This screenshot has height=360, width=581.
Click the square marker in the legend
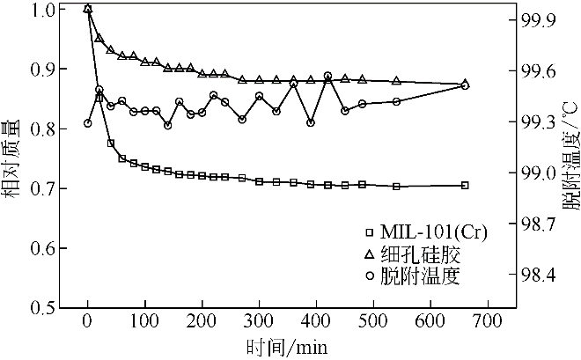[369, 232]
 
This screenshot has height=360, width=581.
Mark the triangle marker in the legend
[369, 253]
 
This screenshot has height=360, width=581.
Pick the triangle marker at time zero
[87, 9]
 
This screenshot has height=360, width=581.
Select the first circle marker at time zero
[87, 122]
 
